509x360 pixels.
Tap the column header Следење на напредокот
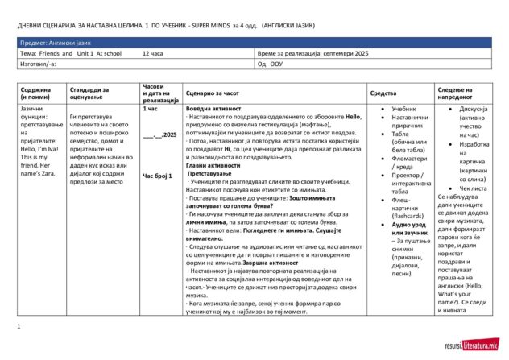coord(460,93)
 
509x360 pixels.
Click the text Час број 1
coord(158,175)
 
